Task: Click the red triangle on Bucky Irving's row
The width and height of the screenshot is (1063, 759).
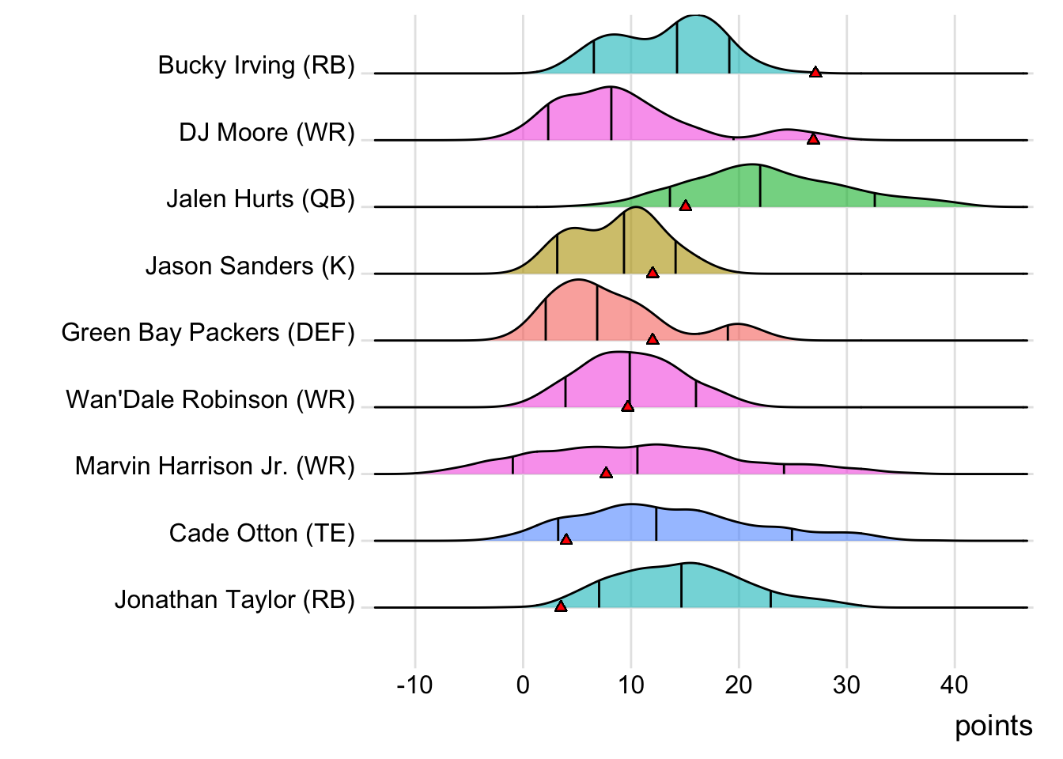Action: [x=815, y=72]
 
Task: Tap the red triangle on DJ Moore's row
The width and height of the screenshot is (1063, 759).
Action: [x=813, y=139]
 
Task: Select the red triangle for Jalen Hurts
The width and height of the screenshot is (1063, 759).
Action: [x=686, y=206]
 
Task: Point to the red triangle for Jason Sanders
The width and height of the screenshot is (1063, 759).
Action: [x=653, y=273]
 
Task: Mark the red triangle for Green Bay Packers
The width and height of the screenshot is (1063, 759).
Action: [x=653, y=339]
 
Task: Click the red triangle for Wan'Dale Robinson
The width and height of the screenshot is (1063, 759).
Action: [x=628, y=406]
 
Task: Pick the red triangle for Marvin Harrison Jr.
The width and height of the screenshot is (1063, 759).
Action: [x=606, y=473]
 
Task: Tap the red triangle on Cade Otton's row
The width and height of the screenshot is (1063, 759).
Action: [x=566, y=539]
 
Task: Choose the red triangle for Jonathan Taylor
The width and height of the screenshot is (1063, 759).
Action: [x=561, y=606]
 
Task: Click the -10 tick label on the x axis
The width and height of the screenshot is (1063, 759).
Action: [x=415, y=685]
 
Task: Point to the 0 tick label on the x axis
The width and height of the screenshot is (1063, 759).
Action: [x=523, y=685]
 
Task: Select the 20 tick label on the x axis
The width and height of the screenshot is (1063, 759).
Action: [x=739, y=685]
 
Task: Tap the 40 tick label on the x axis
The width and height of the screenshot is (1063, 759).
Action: [x=955, y=685]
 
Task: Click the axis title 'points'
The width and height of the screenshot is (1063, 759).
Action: [x=993, y=726]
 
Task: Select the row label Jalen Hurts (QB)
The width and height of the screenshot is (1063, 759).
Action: [x=260, y=198]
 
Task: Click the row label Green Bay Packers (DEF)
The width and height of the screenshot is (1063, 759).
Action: [x=208, y=332]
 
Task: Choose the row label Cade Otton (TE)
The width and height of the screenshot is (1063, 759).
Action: [x=262, y=533]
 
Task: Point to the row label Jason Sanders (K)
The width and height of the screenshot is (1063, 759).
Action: [x=250, y=266]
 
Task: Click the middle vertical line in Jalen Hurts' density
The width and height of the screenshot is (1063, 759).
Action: [x=760, y=187]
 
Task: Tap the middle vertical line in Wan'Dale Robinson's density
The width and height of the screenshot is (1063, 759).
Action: [x=630, y=380]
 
